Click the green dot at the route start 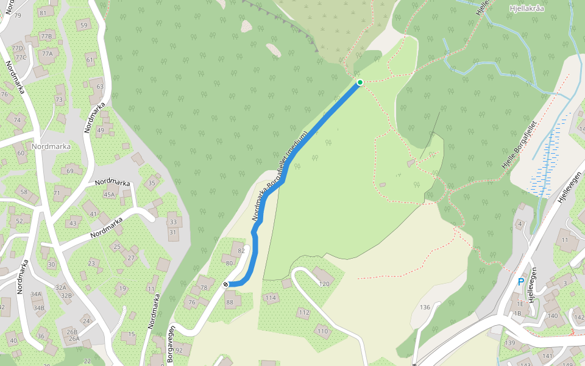(360, 82)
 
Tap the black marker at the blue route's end (226, 284)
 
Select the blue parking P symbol (520, 282)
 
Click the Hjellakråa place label (528, 9)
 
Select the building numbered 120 (324, 284)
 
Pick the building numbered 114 (271, 298)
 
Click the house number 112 (303, 312)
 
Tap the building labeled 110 (322, 331)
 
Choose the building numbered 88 (230, 302)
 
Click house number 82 (241, 251)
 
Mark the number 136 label (425, 307)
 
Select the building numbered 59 (83, 25)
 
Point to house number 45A (108, 195)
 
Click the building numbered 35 (152, 183)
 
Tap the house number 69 (70, 171)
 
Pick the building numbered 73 (59, 99)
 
